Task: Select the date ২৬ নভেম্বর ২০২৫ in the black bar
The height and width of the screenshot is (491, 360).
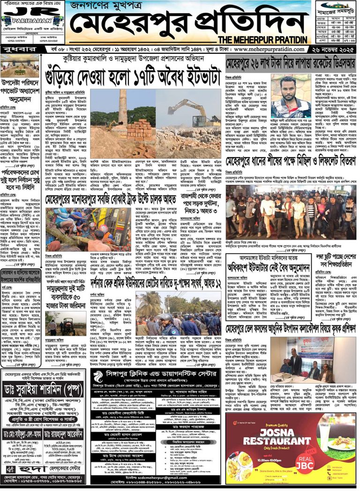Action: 333,49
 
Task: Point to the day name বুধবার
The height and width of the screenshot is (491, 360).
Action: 16,48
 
